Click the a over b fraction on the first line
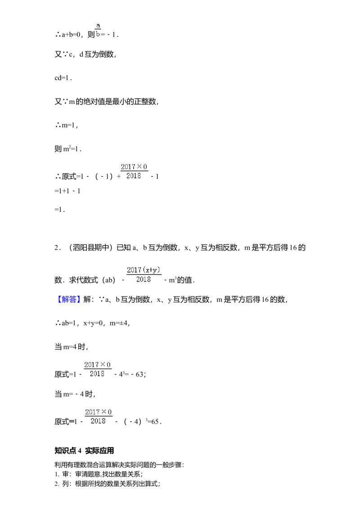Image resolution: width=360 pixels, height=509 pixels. (x=98, y=30)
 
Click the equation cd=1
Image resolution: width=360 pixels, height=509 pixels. (x=63, y=78)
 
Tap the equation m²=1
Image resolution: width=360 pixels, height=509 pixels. (x=72, y=149)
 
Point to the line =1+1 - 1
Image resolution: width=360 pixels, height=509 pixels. (x=67, y=191)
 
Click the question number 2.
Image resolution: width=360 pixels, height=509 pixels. (x=57, y=248)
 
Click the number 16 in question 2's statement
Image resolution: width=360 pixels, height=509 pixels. (x=293, y=248)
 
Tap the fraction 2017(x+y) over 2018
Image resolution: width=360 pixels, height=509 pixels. (x=144, y=275)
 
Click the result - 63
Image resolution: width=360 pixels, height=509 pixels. (x=137, y=374)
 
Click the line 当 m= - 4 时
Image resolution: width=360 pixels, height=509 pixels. (x=74, y=394)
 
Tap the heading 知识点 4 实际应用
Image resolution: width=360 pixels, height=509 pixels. (x=84, y=451)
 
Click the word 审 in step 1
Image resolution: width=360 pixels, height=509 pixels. (x=66, y=474)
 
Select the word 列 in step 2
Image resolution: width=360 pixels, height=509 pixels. (x=66, y=484)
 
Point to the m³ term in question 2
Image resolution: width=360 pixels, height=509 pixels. (x=172, y=280)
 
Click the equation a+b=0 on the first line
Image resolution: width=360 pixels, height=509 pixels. (x=71, y=35)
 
